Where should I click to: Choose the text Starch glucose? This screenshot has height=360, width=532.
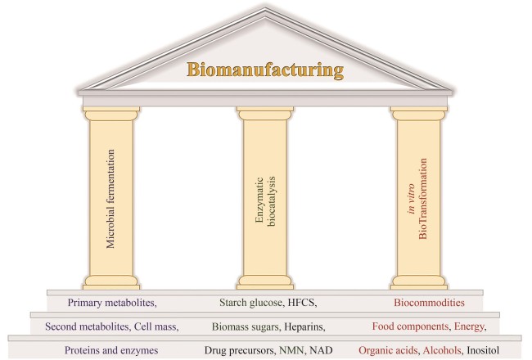pos(241,302)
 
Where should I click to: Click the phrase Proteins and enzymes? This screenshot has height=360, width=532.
pos(113,349)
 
